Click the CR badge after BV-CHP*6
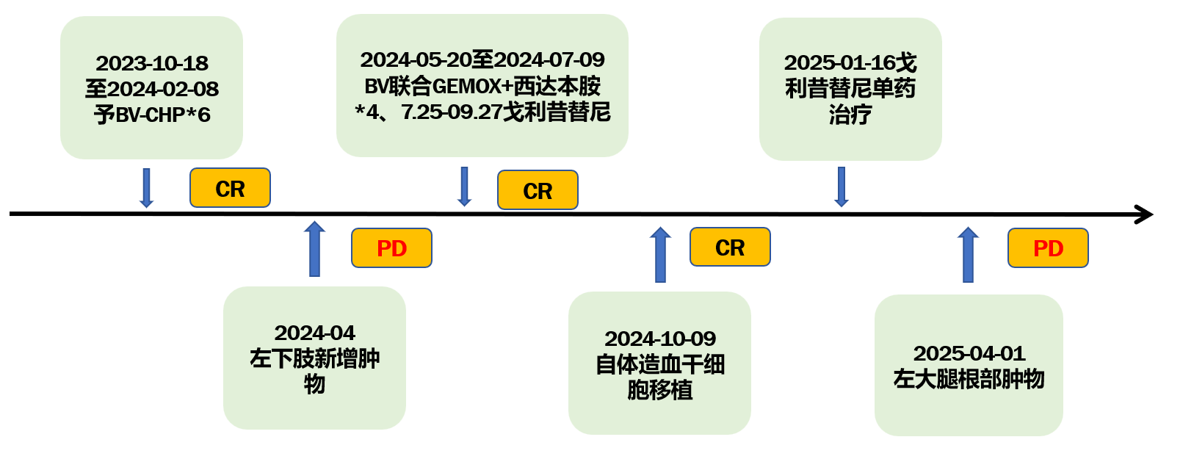pos(230,188)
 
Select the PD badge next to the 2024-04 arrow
pos(391,248)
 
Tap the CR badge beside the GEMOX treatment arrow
pos(538,190)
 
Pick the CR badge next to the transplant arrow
pos(730,247)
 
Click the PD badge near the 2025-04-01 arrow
pos(1048,248)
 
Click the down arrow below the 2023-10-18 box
pos(146,188)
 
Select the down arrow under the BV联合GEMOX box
pos(464,187)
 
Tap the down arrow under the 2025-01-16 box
pos(842,187)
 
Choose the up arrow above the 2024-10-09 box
pos(660,254)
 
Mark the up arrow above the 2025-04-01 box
pos(968,254)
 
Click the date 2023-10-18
pos(152,63)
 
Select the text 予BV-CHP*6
pos(152,115)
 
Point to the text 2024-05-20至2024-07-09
pos(482,59)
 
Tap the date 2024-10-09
pos(660,339)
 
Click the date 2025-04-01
pos(969,353)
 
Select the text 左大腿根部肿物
pos(969,379)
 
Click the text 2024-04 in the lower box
pos(314,333)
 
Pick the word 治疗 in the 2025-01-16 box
pos(850,115)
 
